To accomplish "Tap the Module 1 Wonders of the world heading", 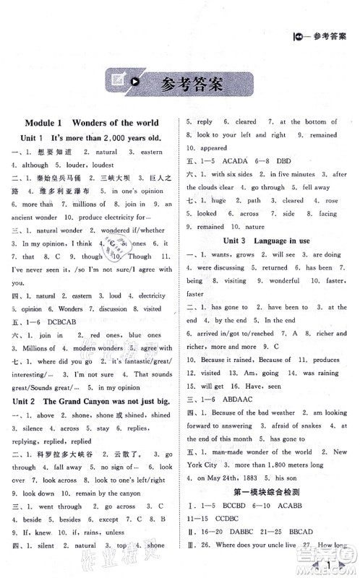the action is pos(91,123).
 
